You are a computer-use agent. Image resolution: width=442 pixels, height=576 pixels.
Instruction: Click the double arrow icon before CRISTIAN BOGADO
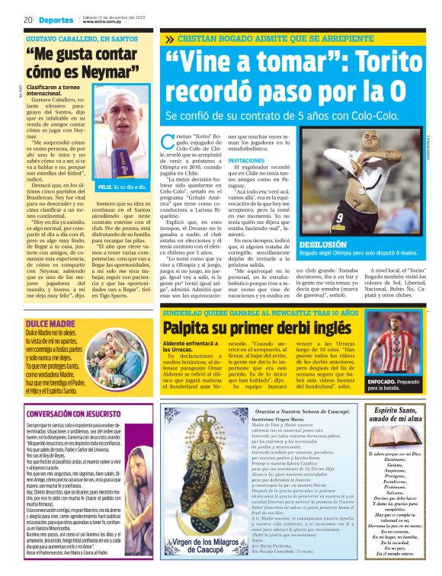pos(168,38)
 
